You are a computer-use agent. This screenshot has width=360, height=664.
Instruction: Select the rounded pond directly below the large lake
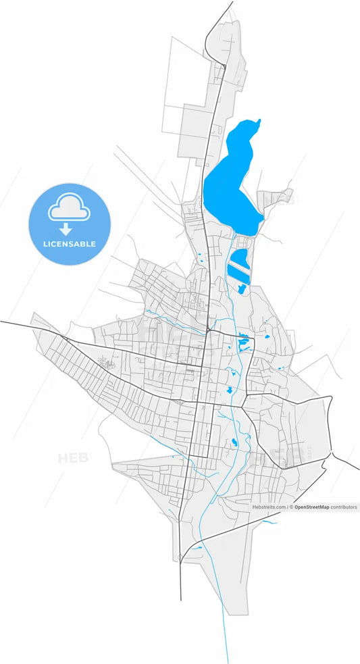pyautogui.click(x=240, y=257)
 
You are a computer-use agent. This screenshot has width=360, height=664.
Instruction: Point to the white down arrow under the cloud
pyautogui.click(x=66, y=229)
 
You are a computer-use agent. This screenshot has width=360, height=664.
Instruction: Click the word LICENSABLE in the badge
pyautogui.click(x=69, y=244)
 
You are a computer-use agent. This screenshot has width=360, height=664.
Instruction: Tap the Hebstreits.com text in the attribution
pyautogui.click(x=269, y=507)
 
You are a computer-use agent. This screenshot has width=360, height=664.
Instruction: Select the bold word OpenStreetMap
pyautogui.click(x=312, y=507)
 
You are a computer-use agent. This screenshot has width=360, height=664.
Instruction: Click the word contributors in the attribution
pyautogui.click(x=344, y=507)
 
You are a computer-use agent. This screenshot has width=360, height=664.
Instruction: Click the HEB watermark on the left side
pyautogui.click(x=69, y=459)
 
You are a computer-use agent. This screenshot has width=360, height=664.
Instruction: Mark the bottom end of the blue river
pyautogui.click(x=227, y=662)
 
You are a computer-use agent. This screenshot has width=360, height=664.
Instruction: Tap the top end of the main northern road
pyautogui.click(x=232, y=2)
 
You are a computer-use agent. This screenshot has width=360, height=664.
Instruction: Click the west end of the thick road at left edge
pyautogui.click(x=1, y=322)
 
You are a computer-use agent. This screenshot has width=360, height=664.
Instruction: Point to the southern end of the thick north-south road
pyautogui.click(x=180, y=600)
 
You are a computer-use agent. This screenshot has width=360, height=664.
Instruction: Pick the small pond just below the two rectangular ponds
pyautogui.click(x=241, y=290)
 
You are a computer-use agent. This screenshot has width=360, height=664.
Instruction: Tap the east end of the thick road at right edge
pyautogui.click(x=358, y=469)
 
